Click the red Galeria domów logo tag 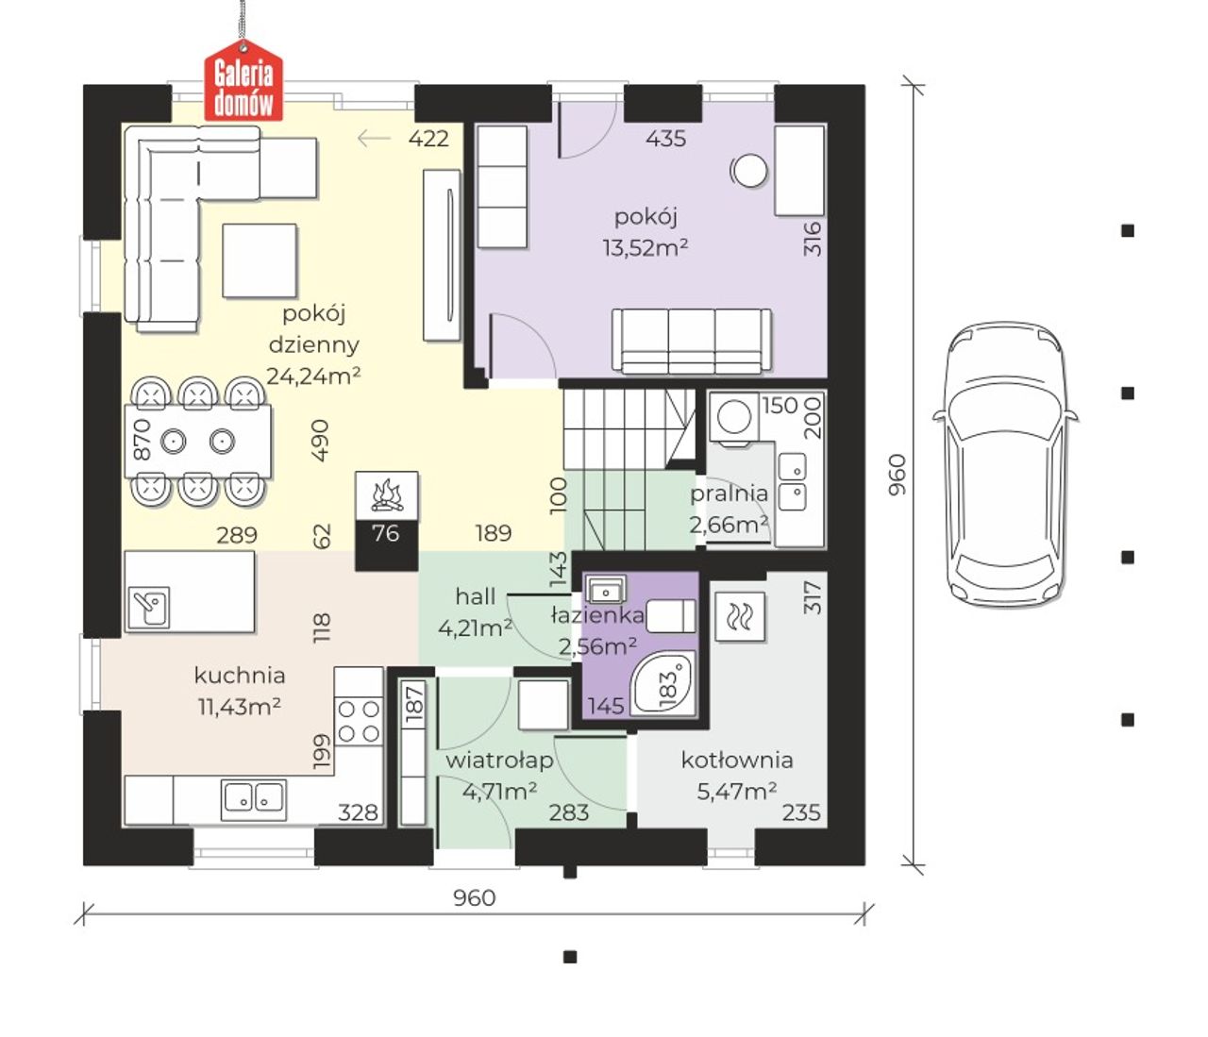click(243, 81)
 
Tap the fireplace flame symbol click(386, 495)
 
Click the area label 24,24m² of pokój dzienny click(313, 376)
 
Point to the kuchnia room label click(240, 676)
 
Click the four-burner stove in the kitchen click(359, 722)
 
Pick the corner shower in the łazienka click(663, 683)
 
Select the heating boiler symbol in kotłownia click(740, 617)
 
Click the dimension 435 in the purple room click(665, 139)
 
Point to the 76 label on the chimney click(386, 533)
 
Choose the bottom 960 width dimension click(475, 897)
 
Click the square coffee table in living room click(260, 261)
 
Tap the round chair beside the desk click(749, 171)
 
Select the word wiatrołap click(499, 761)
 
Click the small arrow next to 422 click(374, 139)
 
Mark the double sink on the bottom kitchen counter click(254, 798)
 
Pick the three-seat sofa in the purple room click(692, 342)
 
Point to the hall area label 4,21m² click(475, 628)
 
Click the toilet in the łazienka click(672, 616)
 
